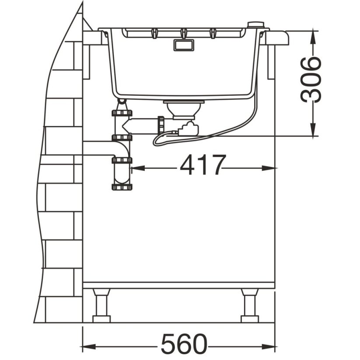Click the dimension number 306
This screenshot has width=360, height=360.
point(311,80)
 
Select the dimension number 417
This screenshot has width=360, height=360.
point(202,165)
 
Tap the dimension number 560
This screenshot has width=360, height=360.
point(184,344)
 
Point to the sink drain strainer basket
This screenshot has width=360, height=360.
point(184,109)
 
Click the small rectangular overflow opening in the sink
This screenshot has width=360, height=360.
point(184,45)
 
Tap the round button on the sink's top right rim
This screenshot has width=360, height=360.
point(256,24)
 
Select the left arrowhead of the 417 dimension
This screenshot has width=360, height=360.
point(138,168)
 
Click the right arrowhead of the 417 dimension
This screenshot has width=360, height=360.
point(269,168)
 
